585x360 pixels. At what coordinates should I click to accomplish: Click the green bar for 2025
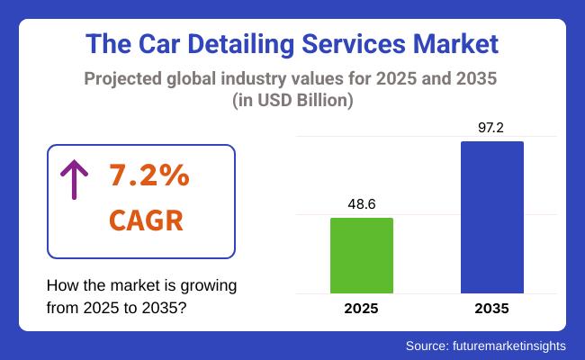click(361, 256)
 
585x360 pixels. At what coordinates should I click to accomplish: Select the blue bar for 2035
click(491, 217)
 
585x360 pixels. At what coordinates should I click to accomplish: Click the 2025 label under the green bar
click(361, 309)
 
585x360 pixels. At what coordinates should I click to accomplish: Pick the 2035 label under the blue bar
click(491, 309)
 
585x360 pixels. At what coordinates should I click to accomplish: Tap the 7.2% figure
click(148, 176)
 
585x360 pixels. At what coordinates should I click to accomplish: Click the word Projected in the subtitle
click(125, 79)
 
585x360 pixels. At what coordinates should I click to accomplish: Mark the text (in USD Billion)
click(292, 102)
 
